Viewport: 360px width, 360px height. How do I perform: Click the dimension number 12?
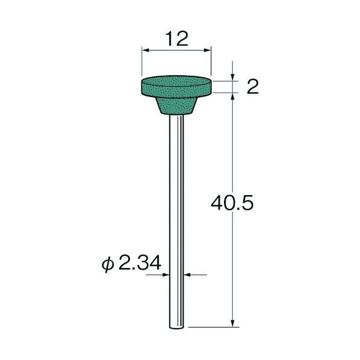pos(177,39)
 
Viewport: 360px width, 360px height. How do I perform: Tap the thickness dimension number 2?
pos(252,87)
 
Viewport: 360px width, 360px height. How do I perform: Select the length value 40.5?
pos(232,203)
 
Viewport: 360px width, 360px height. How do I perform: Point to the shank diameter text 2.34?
pos(140,263)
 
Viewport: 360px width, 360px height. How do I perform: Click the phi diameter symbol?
pos(108,264)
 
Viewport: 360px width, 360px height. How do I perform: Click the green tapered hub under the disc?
pos(176,105)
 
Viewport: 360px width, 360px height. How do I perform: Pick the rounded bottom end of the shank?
pos(176,327)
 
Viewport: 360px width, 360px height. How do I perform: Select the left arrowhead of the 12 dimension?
pos(145,50)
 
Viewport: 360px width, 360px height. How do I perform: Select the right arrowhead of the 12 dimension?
pos(207,50)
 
